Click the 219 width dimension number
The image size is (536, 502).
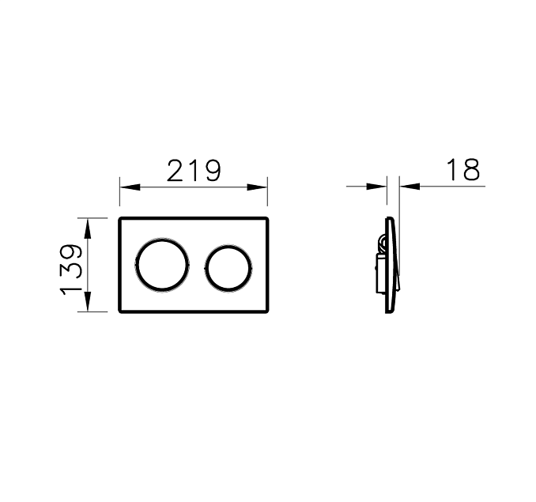[x=194, y=170]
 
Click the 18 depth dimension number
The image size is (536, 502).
[x=463, y=169]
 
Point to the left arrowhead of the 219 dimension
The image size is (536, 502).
[x=130, y=187]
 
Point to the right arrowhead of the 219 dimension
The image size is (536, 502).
[x=257, y=187]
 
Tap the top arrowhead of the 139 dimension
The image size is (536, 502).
[x=88, y=228]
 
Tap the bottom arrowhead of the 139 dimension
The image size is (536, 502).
[x=88, y=301]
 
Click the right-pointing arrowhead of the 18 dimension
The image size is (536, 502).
[x=376, y=187]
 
